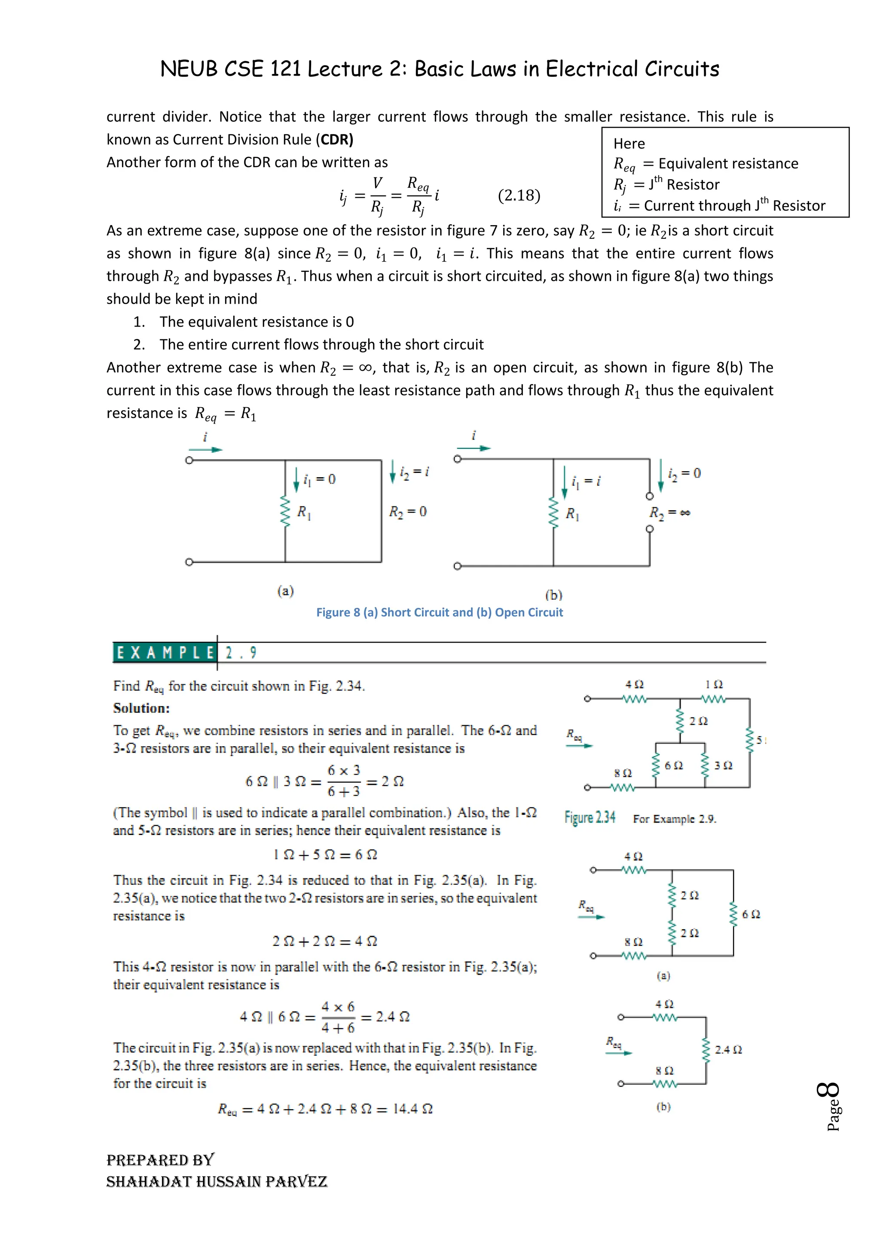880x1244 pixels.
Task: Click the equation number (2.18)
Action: [519, 195]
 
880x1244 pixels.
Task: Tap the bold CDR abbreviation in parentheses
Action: [336, 140]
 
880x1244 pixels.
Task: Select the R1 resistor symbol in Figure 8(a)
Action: [285, 512]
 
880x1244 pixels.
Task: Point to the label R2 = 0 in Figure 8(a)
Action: [407, 512]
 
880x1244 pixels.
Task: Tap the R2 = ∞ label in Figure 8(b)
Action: [670, 512]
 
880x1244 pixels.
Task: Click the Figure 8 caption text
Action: [440, 612]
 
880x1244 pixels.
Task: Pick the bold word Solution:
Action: [141, 708]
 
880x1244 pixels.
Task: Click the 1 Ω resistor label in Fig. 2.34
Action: [714, 685]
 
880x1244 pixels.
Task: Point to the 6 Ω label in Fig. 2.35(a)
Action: [751, 915]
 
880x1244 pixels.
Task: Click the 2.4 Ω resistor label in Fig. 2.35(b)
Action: [728, 1050]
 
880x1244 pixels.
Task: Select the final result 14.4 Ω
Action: [412, 1109]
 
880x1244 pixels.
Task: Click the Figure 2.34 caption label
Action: [590, 817]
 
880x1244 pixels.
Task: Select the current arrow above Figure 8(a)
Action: [205, 449]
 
